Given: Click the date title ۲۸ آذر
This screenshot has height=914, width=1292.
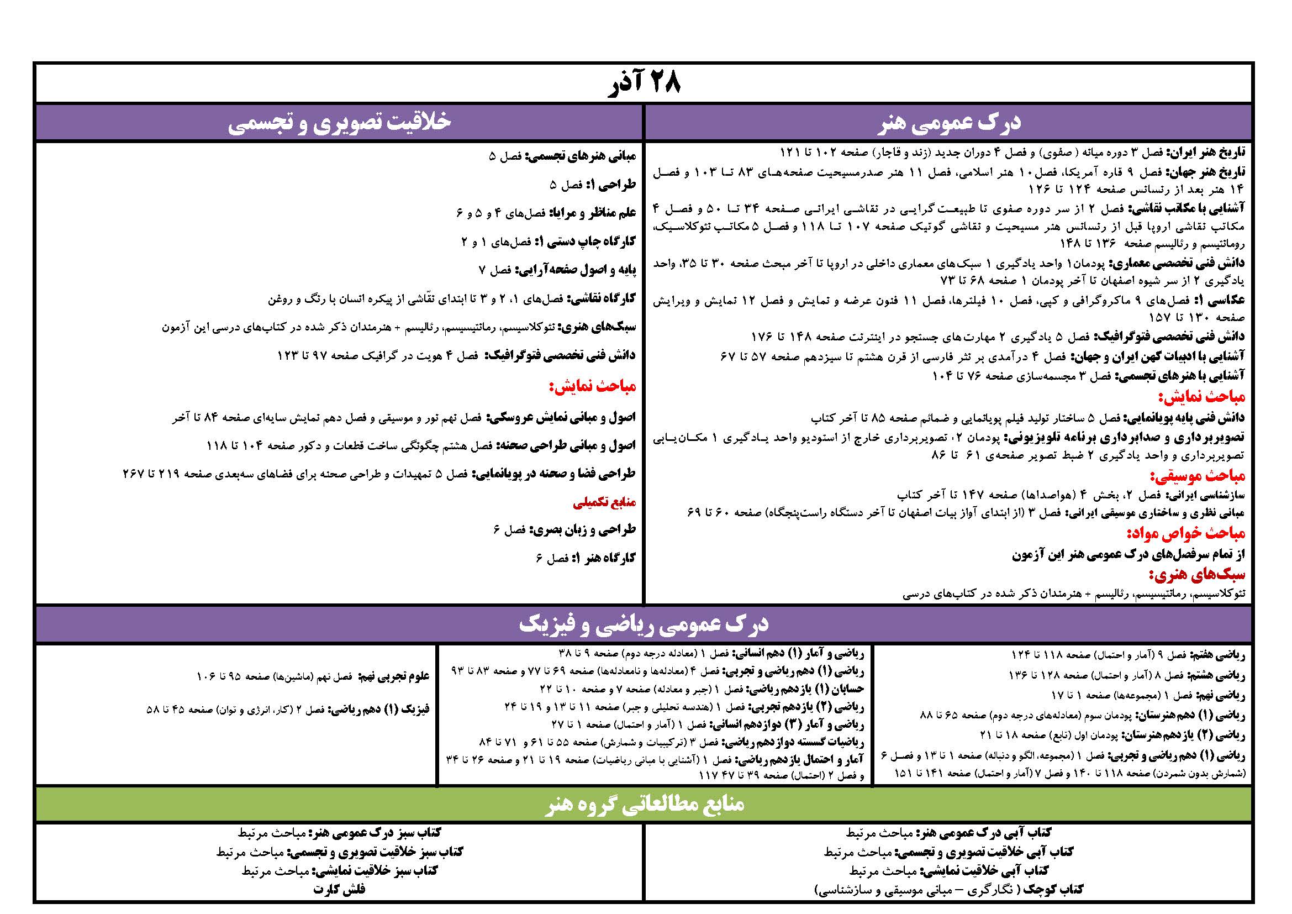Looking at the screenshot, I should click(645, 84).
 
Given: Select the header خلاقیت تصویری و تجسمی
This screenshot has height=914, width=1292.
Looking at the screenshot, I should click(339, 123).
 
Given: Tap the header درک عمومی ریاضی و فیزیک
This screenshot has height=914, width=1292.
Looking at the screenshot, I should click(644, 624).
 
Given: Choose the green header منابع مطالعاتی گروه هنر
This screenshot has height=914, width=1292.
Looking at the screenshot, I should click(645, 803).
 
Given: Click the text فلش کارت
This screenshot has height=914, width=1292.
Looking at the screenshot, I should click(339, 889).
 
